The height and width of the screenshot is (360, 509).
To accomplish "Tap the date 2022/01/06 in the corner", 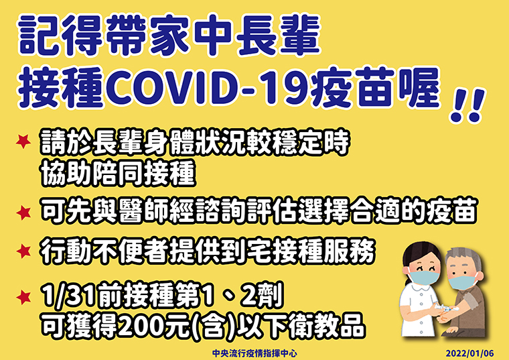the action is [x=469, y=353].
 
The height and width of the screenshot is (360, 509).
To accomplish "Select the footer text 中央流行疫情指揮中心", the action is [x=254, y=353].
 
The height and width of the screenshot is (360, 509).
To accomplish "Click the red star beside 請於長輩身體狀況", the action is [x=23, y=141].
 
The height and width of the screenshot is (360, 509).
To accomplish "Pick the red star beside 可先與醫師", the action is [x=23, y=213].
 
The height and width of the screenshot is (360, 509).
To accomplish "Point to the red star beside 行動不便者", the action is [x=23, y=251].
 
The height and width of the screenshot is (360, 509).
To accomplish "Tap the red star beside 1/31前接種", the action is [x=23, y=297].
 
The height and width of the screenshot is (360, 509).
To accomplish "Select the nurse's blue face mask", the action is [x=424, y=278].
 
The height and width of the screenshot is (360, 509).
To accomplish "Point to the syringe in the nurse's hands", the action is [x=446, y=307].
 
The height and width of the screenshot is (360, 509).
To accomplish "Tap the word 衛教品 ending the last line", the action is [x=326, y=326].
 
